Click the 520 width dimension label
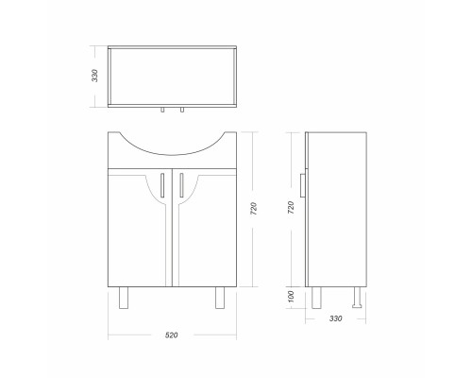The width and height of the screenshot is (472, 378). [172, 335]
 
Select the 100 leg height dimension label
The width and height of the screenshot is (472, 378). [291, 297]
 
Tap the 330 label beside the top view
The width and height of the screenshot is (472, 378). [94, 76]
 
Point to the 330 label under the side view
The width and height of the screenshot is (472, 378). [336, 318]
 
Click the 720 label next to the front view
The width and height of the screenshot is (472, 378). [254, 209]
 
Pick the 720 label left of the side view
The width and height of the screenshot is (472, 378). [291, 208]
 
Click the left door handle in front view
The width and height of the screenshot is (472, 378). [162, 185]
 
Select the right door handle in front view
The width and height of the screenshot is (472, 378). [181, 185]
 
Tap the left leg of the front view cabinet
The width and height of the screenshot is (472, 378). [124, 298]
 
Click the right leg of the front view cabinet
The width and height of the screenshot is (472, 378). [220, 298]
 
